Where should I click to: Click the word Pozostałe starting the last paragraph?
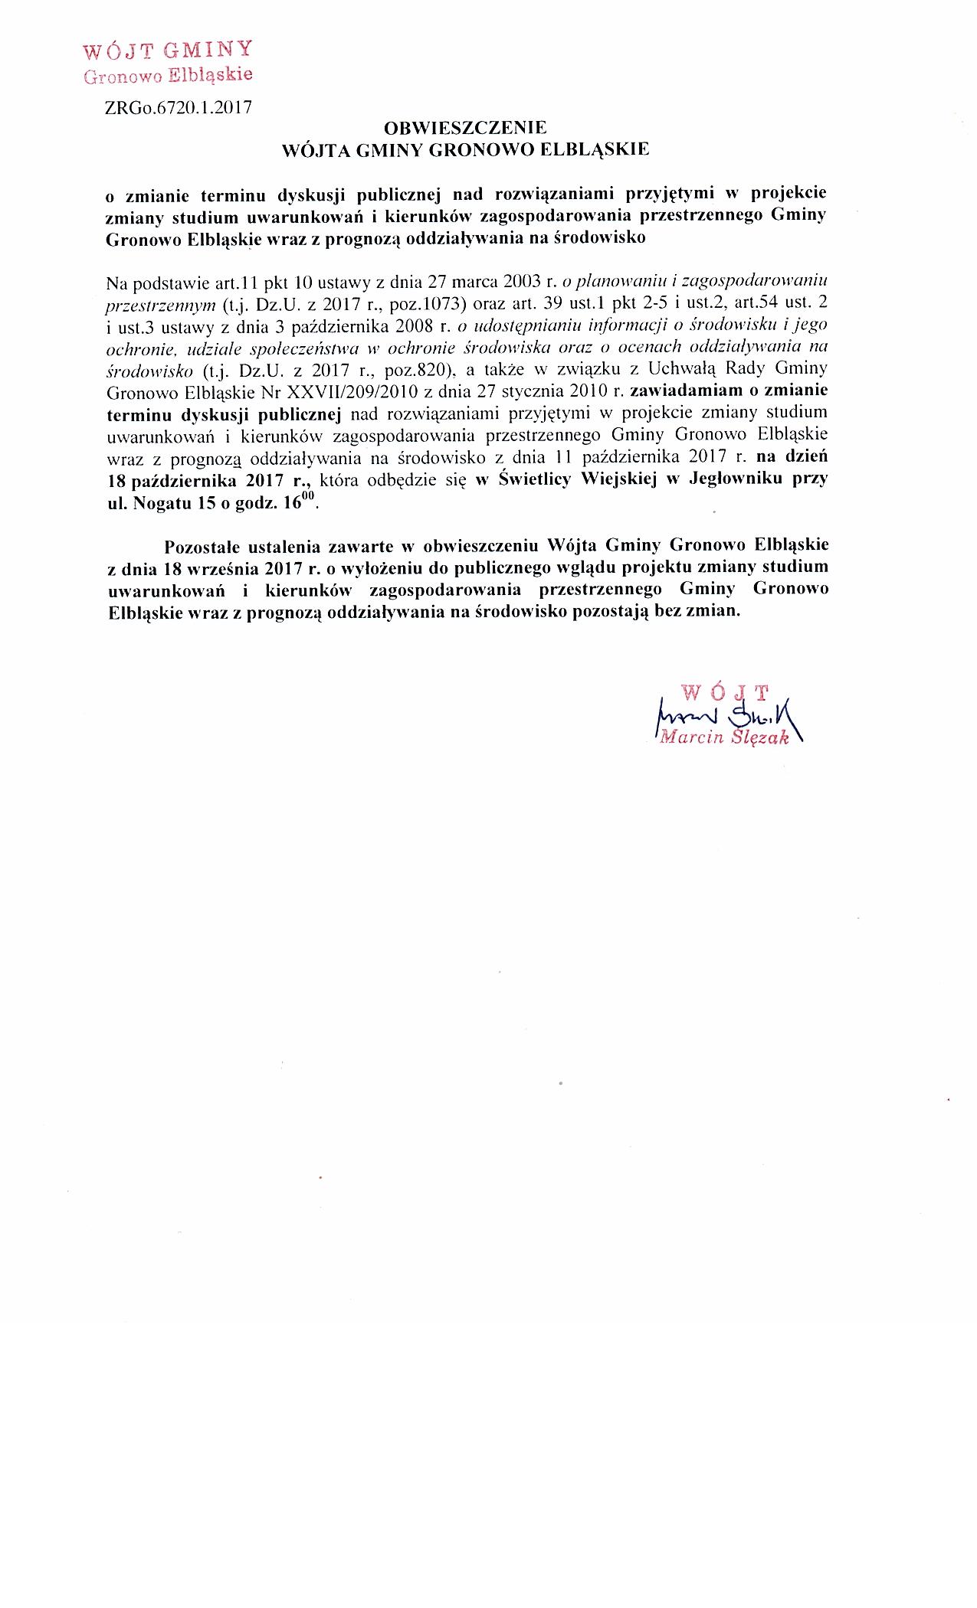pyautogui.click(x=203, y=546)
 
